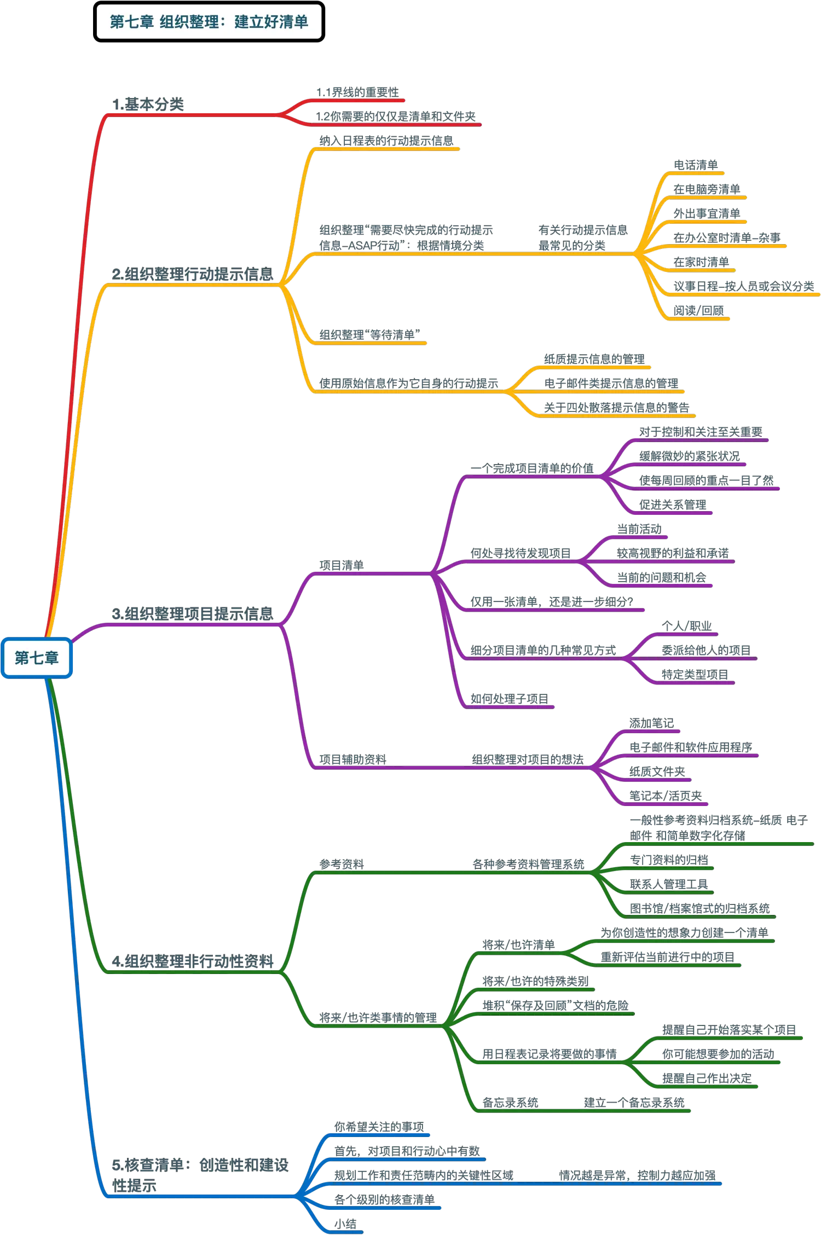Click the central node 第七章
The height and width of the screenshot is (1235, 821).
[37, 657]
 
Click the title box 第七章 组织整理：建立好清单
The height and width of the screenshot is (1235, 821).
[209, 22]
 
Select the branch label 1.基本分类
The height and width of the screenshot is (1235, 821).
[148, 104]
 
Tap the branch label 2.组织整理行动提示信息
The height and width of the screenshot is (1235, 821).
[192, 274]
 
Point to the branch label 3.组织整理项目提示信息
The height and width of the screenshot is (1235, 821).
[192, 613]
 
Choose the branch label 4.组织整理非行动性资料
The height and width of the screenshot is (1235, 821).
[192, 961]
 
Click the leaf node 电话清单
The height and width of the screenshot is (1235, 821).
[695, 165]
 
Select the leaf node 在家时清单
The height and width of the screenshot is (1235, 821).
[701, 262]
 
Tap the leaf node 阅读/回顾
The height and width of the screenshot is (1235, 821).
[699, 310]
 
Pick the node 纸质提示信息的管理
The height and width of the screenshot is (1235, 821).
[594, 359]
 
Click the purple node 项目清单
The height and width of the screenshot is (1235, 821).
[341, 565]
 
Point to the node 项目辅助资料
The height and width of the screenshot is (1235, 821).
[352, 759]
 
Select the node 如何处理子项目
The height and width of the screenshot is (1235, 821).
[508, 699]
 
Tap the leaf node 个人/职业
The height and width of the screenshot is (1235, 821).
[687, 626]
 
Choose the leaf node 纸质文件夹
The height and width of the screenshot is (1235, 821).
[657, 772]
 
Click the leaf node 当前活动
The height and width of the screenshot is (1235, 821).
[639, 529]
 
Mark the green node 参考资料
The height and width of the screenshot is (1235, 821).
[341, 864]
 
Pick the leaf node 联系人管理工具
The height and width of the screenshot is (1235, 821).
[669, 884]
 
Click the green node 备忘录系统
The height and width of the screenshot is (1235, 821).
[510, 1102]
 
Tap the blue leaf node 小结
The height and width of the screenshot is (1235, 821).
[346, 1224]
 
